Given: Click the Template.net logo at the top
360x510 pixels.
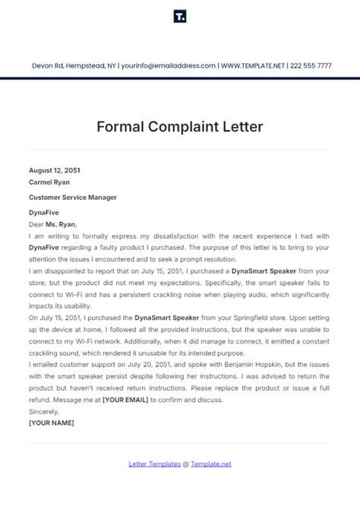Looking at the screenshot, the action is tap(180, 17).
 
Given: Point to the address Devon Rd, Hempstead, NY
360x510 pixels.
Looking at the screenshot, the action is tap(73, 66).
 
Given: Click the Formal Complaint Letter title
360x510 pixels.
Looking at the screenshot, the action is tap(180, 126).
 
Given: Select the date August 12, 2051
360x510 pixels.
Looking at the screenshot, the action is tap(53, 172).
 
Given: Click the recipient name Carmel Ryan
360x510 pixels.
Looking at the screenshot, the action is tap(49, 183).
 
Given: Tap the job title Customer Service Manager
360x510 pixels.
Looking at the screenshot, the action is tap(73, 198).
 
